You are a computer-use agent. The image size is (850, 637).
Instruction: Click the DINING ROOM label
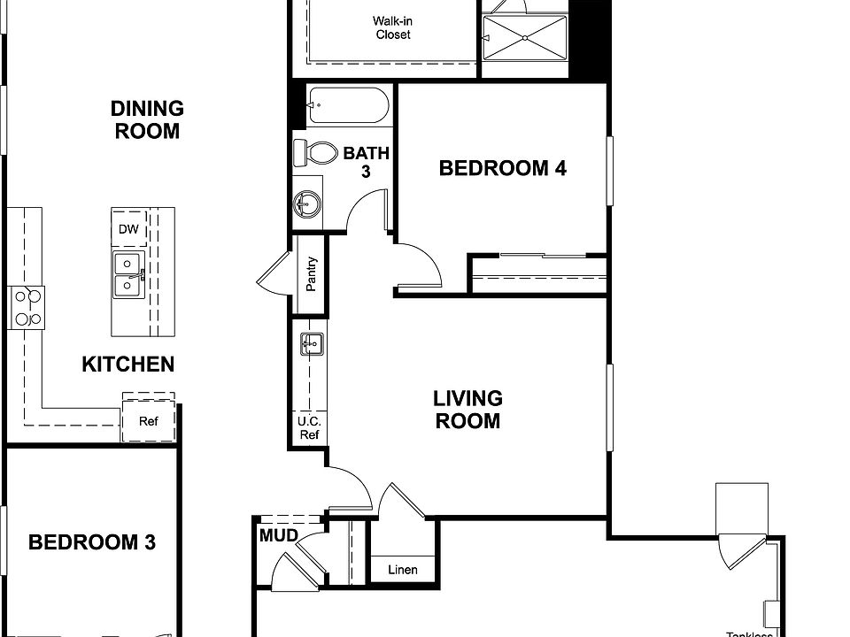[x=147, y=120]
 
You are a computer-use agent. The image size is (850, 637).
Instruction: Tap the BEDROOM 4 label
[x=502, y=168]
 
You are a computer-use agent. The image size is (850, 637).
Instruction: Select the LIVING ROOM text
[x=467, y=410]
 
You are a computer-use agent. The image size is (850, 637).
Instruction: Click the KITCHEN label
[x=128, y=365]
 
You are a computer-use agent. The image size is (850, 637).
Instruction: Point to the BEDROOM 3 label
[x=92, y=542]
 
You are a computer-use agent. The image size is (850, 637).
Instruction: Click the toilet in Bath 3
[x=315, y=152]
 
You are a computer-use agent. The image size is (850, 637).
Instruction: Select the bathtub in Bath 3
[x=347, y=105]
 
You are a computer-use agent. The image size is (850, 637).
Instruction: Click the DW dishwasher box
[x=128, y=229]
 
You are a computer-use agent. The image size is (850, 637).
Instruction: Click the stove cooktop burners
[x=26, y=308]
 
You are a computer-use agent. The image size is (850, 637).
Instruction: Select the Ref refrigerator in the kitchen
[x=148, y=421]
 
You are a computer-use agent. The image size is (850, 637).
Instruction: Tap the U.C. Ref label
[x=309, y=428]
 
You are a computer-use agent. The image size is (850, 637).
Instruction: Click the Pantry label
[x=312, y=274]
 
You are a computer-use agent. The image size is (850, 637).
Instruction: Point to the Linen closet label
[x=403, y=570]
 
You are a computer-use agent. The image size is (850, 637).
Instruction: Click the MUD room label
[x=277, y=536]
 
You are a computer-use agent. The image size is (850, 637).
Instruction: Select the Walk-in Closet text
[x=391, y=27]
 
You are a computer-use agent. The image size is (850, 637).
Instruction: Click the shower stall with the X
[x=524, y=37]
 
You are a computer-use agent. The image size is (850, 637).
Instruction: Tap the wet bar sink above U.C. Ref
[x=311, y=343]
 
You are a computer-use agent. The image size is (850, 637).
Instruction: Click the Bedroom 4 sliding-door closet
[x=538, y=273]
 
